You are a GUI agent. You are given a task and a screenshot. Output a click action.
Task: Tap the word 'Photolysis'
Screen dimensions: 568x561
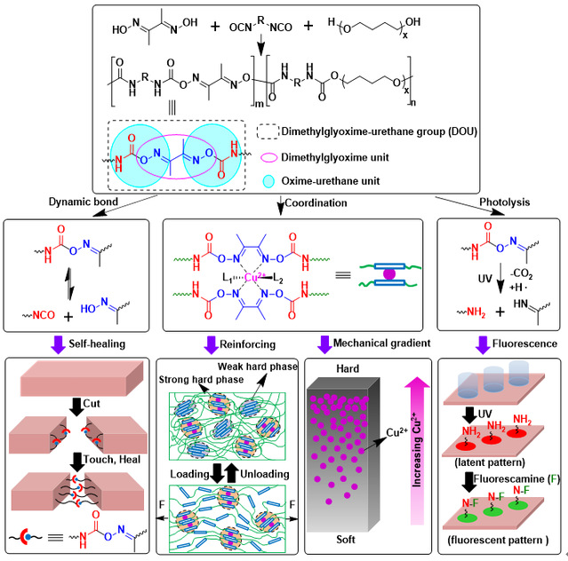[505, 202]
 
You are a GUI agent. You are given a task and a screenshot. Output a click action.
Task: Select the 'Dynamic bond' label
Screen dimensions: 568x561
[84, 201]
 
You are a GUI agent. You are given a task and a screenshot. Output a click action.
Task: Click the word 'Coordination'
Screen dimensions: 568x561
[316, 203]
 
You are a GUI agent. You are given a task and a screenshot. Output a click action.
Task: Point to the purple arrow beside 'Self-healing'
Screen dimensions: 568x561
[58, 345]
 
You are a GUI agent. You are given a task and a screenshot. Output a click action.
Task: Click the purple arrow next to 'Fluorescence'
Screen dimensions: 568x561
[483, 345]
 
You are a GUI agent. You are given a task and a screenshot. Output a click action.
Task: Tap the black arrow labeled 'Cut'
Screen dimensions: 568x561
[76, 407]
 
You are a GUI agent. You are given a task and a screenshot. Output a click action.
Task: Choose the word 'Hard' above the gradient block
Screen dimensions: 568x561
[348, 368]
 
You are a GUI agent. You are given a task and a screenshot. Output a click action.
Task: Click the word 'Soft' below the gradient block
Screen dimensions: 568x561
[346, 540]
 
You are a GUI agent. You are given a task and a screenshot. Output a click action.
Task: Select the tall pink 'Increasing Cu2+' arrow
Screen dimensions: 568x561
[417, 450]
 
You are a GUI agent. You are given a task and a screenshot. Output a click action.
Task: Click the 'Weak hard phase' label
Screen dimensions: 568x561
[258, 367]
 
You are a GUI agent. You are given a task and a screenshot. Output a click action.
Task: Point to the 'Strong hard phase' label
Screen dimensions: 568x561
[201, 379]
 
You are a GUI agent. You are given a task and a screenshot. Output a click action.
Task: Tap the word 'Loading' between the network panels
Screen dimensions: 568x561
[190, 474]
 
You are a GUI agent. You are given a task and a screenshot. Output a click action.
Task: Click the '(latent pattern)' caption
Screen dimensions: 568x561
[490, 462]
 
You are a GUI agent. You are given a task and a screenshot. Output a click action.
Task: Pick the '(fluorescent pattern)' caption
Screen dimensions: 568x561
[498, 540]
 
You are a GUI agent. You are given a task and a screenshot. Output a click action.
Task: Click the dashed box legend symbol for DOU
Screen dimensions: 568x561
[268, 131]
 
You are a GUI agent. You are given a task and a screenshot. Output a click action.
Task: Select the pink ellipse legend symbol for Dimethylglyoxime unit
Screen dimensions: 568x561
[268, 158]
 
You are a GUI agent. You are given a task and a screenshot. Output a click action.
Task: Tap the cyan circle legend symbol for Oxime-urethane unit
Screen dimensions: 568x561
[268, 181]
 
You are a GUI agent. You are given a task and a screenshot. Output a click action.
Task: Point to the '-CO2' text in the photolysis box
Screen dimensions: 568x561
[521, 274]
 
